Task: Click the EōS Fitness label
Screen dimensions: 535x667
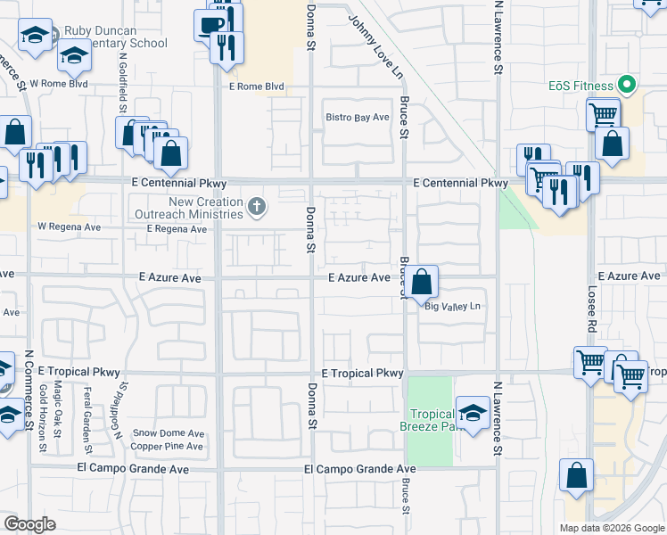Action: pos(580,86)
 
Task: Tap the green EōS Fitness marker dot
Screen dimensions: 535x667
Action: pos(627,86)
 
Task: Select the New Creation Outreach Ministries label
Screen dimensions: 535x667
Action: pos(189,209)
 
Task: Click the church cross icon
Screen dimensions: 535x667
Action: pos(257,209)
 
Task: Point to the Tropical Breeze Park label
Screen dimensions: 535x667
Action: pos(432,420)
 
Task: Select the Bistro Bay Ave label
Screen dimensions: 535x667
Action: pos(358,118)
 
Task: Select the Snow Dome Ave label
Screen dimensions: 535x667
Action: pos(169,433)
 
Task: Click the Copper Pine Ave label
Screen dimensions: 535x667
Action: pos(169,446)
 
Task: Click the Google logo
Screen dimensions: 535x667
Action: pos(30,524)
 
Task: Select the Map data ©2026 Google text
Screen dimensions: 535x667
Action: pos(611,528)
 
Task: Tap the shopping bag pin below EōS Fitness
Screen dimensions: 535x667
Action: pos(613,144)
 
